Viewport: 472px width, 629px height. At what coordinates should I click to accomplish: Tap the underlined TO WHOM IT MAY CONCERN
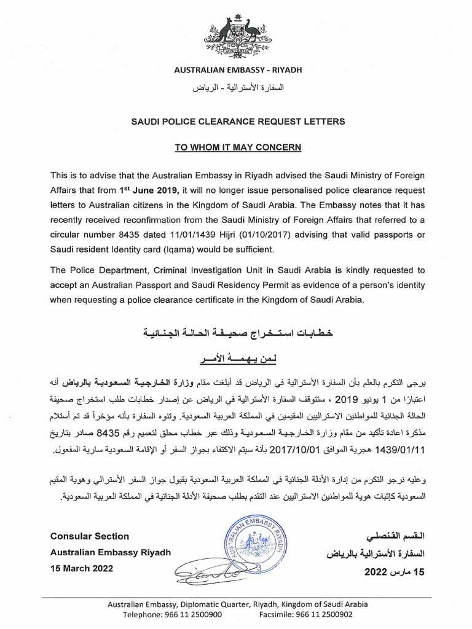pos(235,147)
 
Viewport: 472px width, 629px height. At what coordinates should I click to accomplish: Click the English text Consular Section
pos(90,536)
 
